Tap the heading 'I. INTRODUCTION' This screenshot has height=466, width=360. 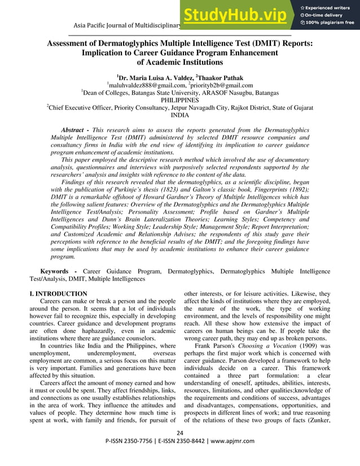click(58, 294)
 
